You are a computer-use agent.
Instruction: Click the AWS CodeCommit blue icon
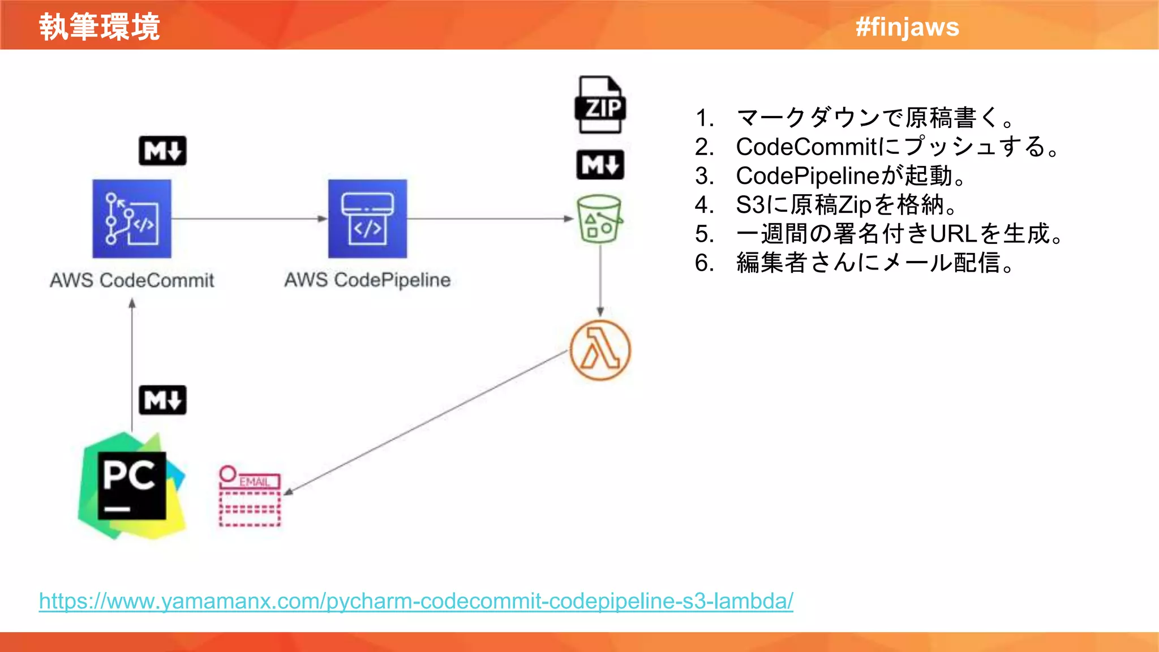pos(132,219)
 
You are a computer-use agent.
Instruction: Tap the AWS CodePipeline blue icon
pos(367,219)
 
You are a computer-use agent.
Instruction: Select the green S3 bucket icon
pos(599,219)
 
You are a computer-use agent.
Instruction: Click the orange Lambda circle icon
pos(600,350)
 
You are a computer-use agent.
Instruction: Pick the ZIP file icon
pos(600,105)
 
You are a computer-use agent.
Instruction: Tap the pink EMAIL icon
pos(250,496)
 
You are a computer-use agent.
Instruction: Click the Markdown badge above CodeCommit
pos(162,151)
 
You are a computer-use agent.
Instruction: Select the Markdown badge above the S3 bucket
pos(600,165)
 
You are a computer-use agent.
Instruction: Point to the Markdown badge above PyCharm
pos(162,400)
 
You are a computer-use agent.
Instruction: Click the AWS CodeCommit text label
pos(132,280)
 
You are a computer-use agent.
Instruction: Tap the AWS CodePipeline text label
pos(367,280)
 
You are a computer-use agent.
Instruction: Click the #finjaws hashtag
pos(907,27)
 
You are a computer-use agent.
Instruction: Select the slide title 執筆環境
pos(100,27)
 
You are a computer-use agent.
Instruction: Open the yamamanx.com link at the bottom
pos(416,600)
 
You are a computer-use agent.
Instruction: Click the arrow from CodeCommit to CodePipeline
pos(249,218)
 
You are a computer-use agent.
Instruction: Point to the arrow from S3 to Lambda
pos(600,280)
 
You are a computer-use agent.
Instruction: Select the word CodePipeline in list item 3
pos(808,176)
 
